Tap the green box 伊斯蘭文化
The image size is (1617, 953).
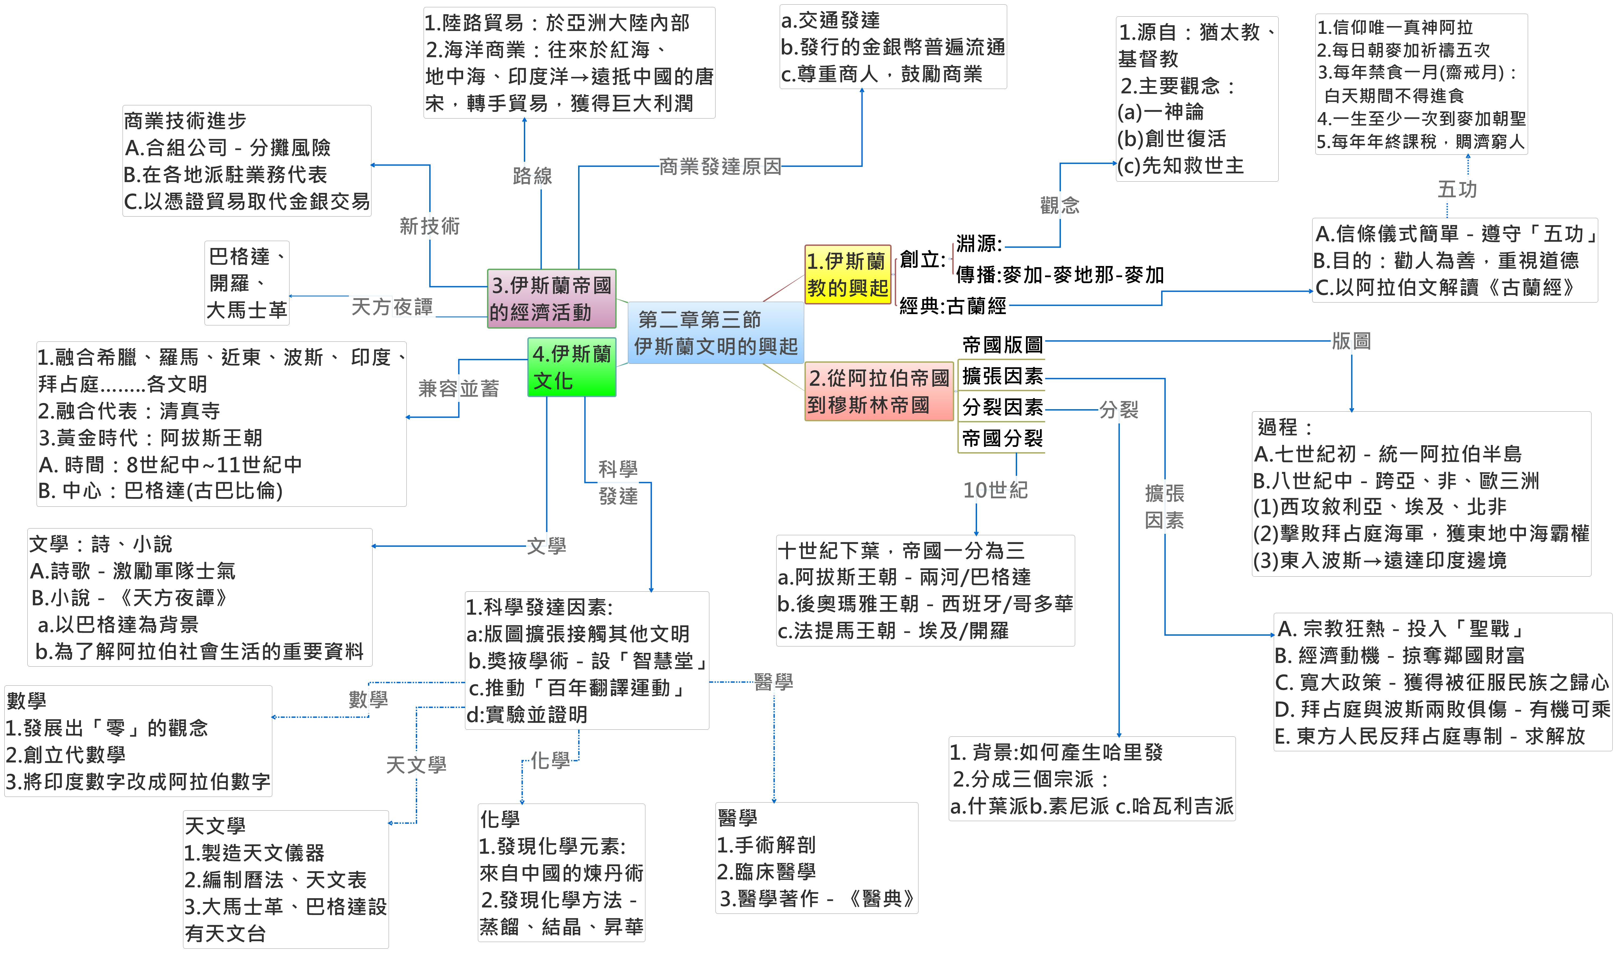pos(571,367)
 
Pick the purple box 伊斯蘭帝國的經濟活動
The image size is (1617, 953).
pos(551,299)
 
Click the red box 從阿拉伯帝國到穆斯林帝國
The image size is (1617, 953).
pos(878,391)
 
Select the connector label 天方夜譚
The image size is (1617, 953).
pos(392,307)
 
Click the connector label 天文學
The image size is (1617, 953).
pos(416,765)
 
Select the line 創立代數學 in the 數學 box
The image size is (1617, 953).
pos(66,754)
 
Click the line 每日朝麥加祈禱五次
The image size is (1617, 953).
pos(1403,50)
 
